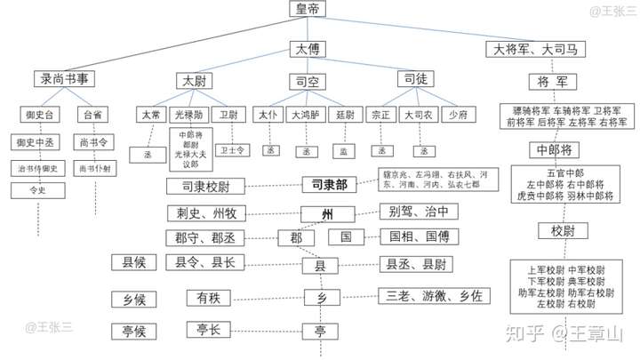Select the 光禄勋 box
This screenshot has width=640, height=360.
188,115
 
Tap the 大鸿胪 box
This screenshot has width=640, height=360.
305,115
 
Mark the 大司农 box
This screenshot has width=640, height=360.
418,115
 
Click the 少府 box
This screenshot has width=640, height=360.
458,115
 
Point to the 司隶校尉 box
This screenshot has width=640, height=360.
204,187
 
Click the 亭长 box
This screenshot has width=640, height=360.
209,330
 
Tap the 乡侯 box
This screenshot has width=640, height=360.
134,298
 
